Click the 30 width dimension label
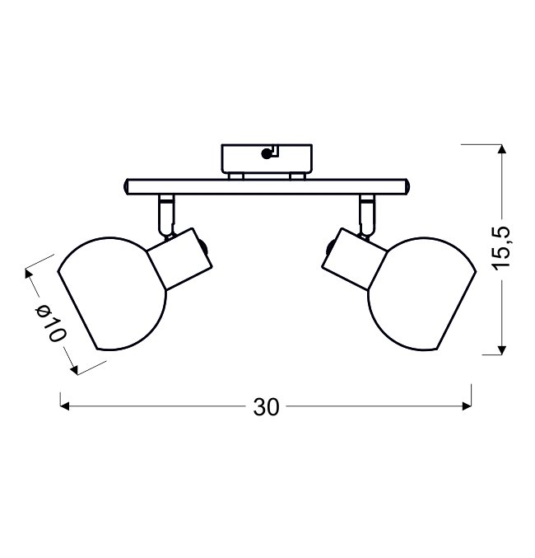266,406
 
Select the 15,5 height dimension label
501,248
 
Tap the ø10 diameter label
50,323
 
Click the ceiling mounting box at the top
267,159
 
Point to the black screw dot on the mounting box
266,154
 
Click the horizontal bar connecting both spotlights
267,187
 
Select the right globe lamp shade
421,294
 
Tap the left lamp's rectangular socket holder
180,259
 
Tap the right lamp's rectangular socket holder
354,259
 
